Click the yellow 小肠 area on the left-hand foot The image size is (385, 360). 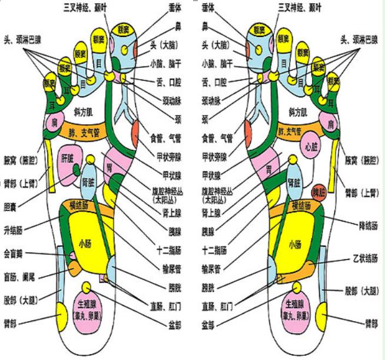tap(84, 242)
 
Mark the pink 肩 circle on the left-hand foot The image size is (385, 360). tap(52, 123)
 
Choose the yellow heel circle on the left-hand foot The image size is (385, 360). tap(61, 309)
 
